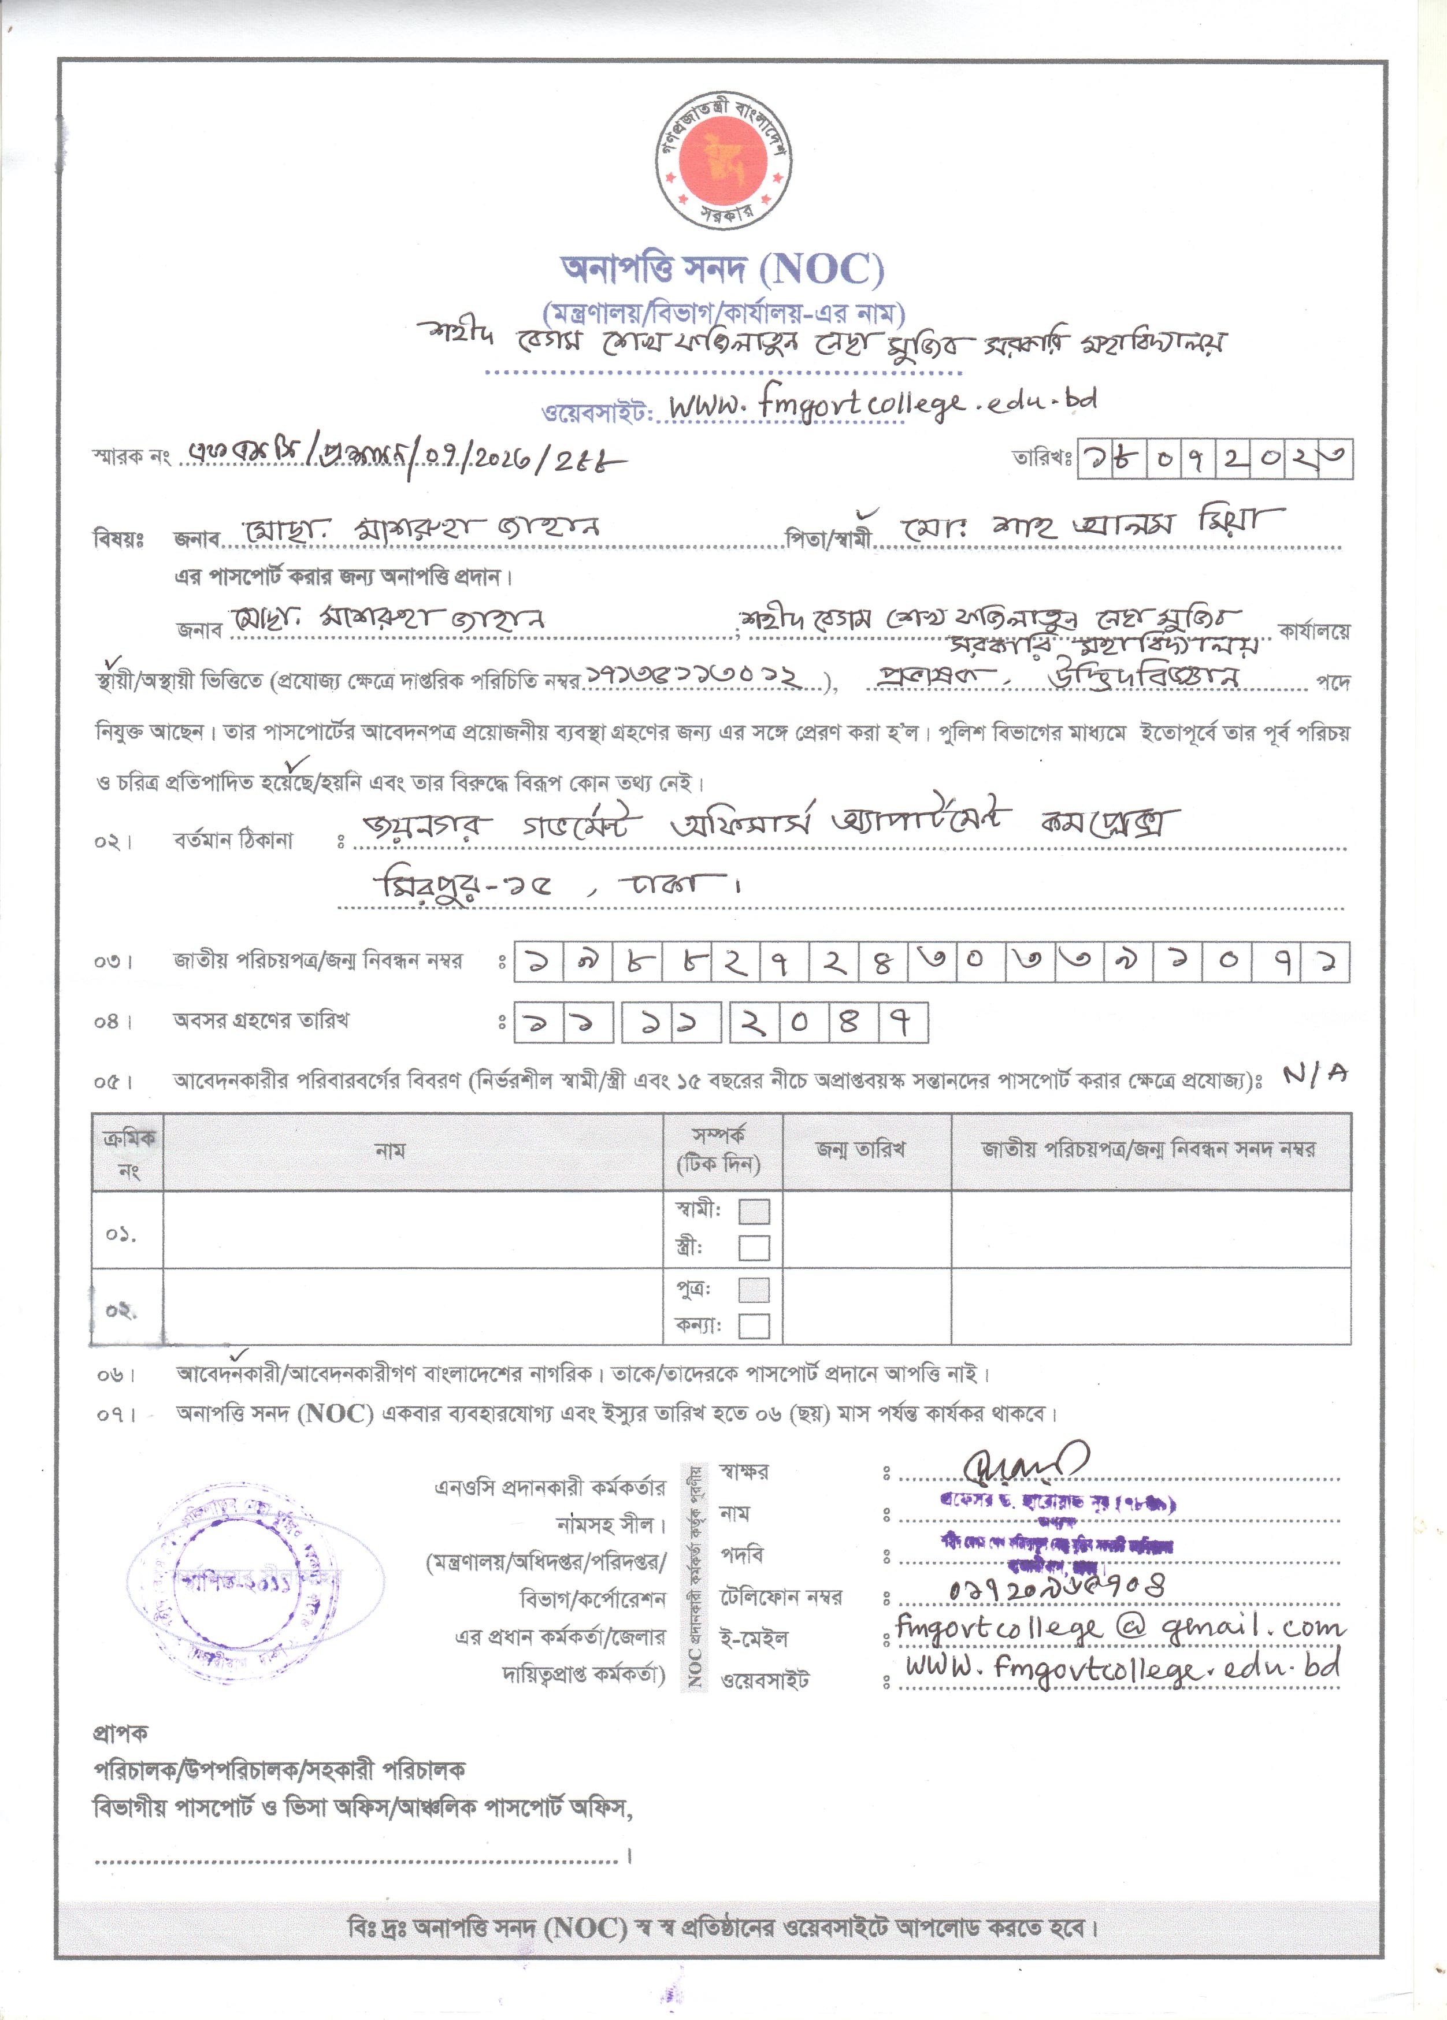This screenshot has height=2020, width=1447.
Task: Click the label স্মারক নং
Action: tap(131, 458)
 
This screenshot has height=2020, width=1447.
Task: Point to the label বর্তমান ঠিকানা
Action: tap(233, 840)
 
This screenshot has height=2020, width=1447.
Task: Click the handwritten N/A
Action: tap(1315, 1075)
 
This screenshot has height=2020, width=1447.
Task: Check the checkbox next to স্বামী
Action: tap(754, 1211)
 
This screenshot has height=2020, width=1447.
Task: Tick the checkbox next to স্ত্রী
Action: tap(754, 1248)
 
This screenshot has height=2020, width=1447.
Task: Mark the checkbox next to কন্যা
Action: tap(754, 1326)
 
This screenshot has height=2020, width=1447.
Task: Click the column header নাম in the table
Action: tap(390, 1151)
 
